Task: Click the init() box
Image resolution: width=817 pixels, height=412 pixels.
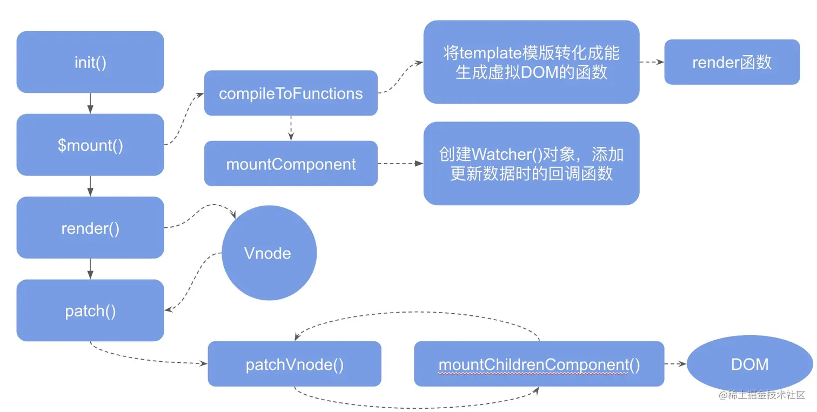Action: [x=90, y=62]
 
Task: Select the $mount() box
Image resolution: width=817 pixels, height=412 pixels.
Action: [x=90, y=145]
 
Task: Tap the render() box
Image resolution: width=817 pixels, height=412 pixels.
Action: [x=90, y=227]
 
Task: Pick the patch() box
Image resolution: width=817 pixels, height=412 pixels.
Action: [x=90, y=310]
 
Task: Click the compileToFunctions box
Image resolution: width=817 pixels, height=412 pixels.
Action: [x=291, y=93]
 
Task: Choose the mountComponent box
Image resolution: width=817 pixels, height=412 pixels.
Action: [x=291, y=163]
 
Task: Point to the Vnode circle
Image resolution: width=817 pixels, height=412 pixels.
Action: [x=269, y=253]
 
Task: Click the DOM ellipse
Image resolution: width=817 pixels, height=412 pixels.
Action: [x=749, y=363]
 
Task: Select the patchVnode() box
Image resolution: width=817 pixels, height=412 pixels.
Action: [x=294, y=363]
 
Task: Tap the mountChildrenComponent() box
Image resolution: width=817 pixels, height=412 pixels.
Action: [x=539, y=363]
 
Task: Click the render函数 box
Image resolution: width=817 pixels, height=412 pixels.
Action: [x=732, y=62]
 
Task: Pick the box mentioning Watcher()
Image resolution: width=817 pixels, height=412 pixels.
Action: [x=531, y=163]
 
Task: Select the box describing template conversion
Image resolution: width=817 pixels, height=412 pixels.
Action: [x=531, y=62]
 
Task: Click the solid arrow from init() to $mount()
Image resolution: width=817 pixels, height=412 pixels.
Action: [x=90, y=103]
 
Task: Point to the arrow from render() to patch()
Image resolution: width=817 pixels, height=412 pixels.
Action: [x=90, y=269]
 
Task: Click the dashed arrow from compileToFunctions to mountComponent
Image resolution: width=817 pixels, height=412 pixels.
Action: [x=291, y=128]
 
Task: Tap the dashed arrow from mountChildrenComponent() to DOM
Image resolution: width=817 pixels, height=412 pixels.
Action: [x=675, y=363]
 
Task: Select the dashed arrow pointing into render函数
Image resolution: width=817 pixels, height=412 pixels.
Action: [x=652, y=62]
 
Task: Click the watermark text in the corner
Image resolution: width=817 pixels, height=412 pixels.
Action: [x=761, y=395]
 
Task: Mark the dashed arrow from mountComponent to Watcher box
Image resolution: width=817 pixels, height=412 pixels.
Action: [x=400, y=163]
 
